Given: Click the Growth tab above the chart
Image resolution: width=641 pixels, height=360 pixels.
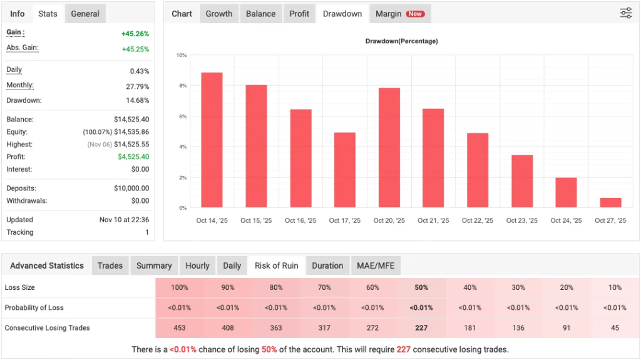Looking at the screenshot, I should click(219, 14).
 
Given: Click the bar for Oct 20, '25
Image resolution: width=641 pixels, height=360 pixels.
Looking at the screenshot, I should click(389, 148).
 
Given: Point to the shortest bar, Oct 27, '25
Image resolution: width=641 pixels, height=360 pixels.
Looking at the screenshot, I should click(610, 202).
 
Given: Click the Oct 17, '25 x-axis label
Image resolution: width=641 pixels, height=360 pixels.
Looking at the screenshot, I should click(345, 220).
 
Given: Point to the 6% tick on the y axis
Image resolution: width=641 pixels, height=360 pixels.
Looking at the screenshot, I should click(182, 116).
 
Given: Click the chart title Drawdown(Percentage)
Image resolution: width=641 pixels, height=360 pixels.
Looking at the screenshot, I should click(401, 41).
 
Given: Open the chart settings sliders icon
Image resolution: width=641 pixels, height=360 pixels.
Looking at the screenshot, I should click(626, 13).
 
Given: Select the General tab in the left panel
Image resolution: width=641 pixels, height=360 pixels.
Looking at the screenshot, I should click(85, 14).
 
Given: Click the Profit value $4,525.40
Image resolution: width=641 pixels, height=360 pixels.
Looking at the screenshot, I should click(133, 157).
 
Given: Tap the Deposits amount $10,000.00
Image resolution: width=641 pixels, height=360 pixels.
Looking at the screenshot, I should click(131, 188).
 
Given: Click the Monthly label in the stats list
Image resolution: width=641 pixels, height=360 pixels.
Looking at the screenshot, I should click(20, 86).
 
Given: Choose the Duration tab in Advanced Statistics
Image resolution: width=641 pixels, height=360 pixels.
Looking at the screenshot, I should click(327, 265).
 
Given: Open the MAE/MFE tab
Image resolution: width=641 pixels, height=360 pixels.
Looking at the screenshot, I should click(376, 265).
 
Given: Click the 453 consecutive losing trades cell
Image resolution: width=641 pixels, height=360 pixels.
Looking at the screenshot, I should click(180, 328).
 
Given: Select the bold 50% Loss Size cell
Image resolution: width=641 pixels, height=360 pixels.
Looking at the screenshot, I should click(421, 287).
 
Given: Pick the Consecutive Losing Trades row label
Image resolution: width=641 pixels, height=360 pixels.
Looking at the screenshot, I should click(47, 328).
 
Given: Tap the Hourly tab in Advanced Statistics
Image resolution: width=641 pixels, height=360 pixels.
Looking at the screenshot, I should click(197, 265).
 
